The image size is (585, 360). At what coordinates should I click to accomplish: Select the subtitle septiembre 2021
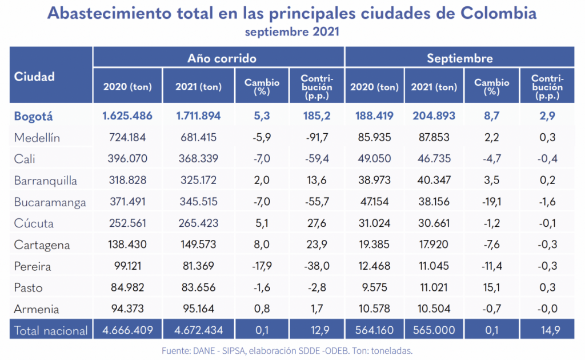(x=292, y=31)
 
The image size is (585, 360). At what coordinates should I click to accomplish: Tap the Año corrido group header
(x=222, y=58)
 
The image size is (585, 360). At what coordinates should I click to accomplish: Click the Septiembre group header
(x=459, y=58)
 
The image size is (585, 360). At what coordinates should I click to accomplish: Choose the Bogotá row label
(x=34, y=116)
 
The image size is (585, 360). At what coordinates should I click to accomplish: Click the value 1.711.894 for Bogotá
(x=199, y=116)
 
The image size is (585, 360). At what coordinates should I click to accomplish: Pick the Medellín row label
(x=37, y=138)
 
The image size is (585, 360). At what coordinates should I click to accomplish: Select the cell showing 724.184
(x=127, y=138)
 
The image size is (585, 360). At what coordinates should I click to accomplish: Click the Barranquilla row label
(x=46, y=181)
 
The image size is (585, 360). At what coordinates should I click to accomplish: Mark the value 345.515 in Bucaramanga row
(x=199, y=202)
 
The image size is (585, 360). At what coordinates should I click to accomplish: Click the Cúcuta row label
(x=34, y=223)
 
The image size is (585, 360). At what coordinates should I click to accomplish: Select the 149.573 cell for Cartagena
(x=199, y=245)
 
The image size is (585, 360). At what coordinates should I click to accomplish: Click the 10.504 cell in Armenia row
(x=434, y=309)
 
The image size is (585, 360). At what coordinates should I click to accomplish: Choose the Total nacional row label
(x=51, y=330)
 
